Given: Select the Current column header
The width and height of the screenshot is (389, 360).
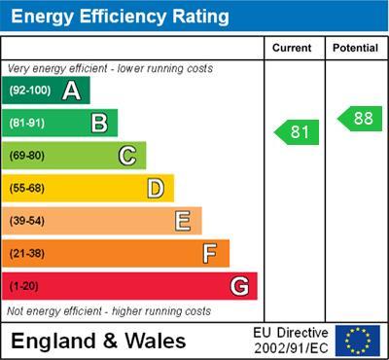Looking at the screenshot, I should (292, 48).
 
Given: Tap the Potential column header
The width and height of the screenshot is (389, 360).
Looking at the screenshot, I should (354, 48).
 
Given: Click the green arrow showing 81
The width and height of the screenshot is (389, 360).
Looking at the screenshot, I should (297, 131).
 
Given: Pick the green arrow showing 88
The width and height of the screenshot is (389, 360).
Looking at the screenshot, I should (359, 119).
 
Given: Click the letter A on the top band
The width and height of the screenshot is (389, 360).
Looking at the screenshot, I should (71, 90).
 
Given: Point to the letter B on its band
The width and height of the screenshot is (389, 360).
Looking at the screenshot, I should (99, 123).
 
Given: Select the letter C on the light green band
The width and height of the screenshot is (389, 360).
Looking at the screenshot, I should (127, 156).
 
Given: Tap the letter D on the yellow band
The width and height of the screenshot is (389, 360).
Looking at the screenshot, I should (156, 188).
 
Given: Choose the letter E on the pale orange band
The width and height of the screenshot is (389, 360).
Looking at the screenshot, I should (183, 221).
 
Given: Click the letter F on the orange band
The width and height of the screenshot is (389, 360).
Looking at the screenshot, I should (210, 254).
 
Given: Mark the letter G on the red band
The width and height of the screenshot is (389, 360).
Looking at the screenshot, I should (238, 286).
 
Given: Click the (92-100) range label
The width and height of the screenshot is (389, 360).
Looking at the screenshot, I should (30, 90).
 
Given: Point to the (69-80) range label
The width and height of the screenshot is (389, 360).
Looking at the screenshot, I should (27, 156).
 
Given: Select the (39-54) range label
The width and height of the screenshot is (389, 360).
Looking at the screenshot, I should (27, 221).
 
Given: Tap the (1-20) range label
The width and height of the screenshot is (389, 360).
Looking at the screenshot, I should (24, 287).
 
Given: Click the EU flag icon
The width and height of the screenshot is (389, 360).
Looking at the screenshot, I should (358, 341).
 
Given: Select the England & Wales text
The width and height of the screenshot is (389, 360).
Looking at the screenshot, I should (98, 342).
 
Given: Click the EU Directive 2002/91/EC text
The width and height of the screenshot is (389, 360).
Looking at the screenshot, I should (291, 341).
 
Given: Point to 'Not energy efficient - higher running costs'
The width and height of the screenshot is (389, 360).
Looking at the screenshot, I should (109, 311).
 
